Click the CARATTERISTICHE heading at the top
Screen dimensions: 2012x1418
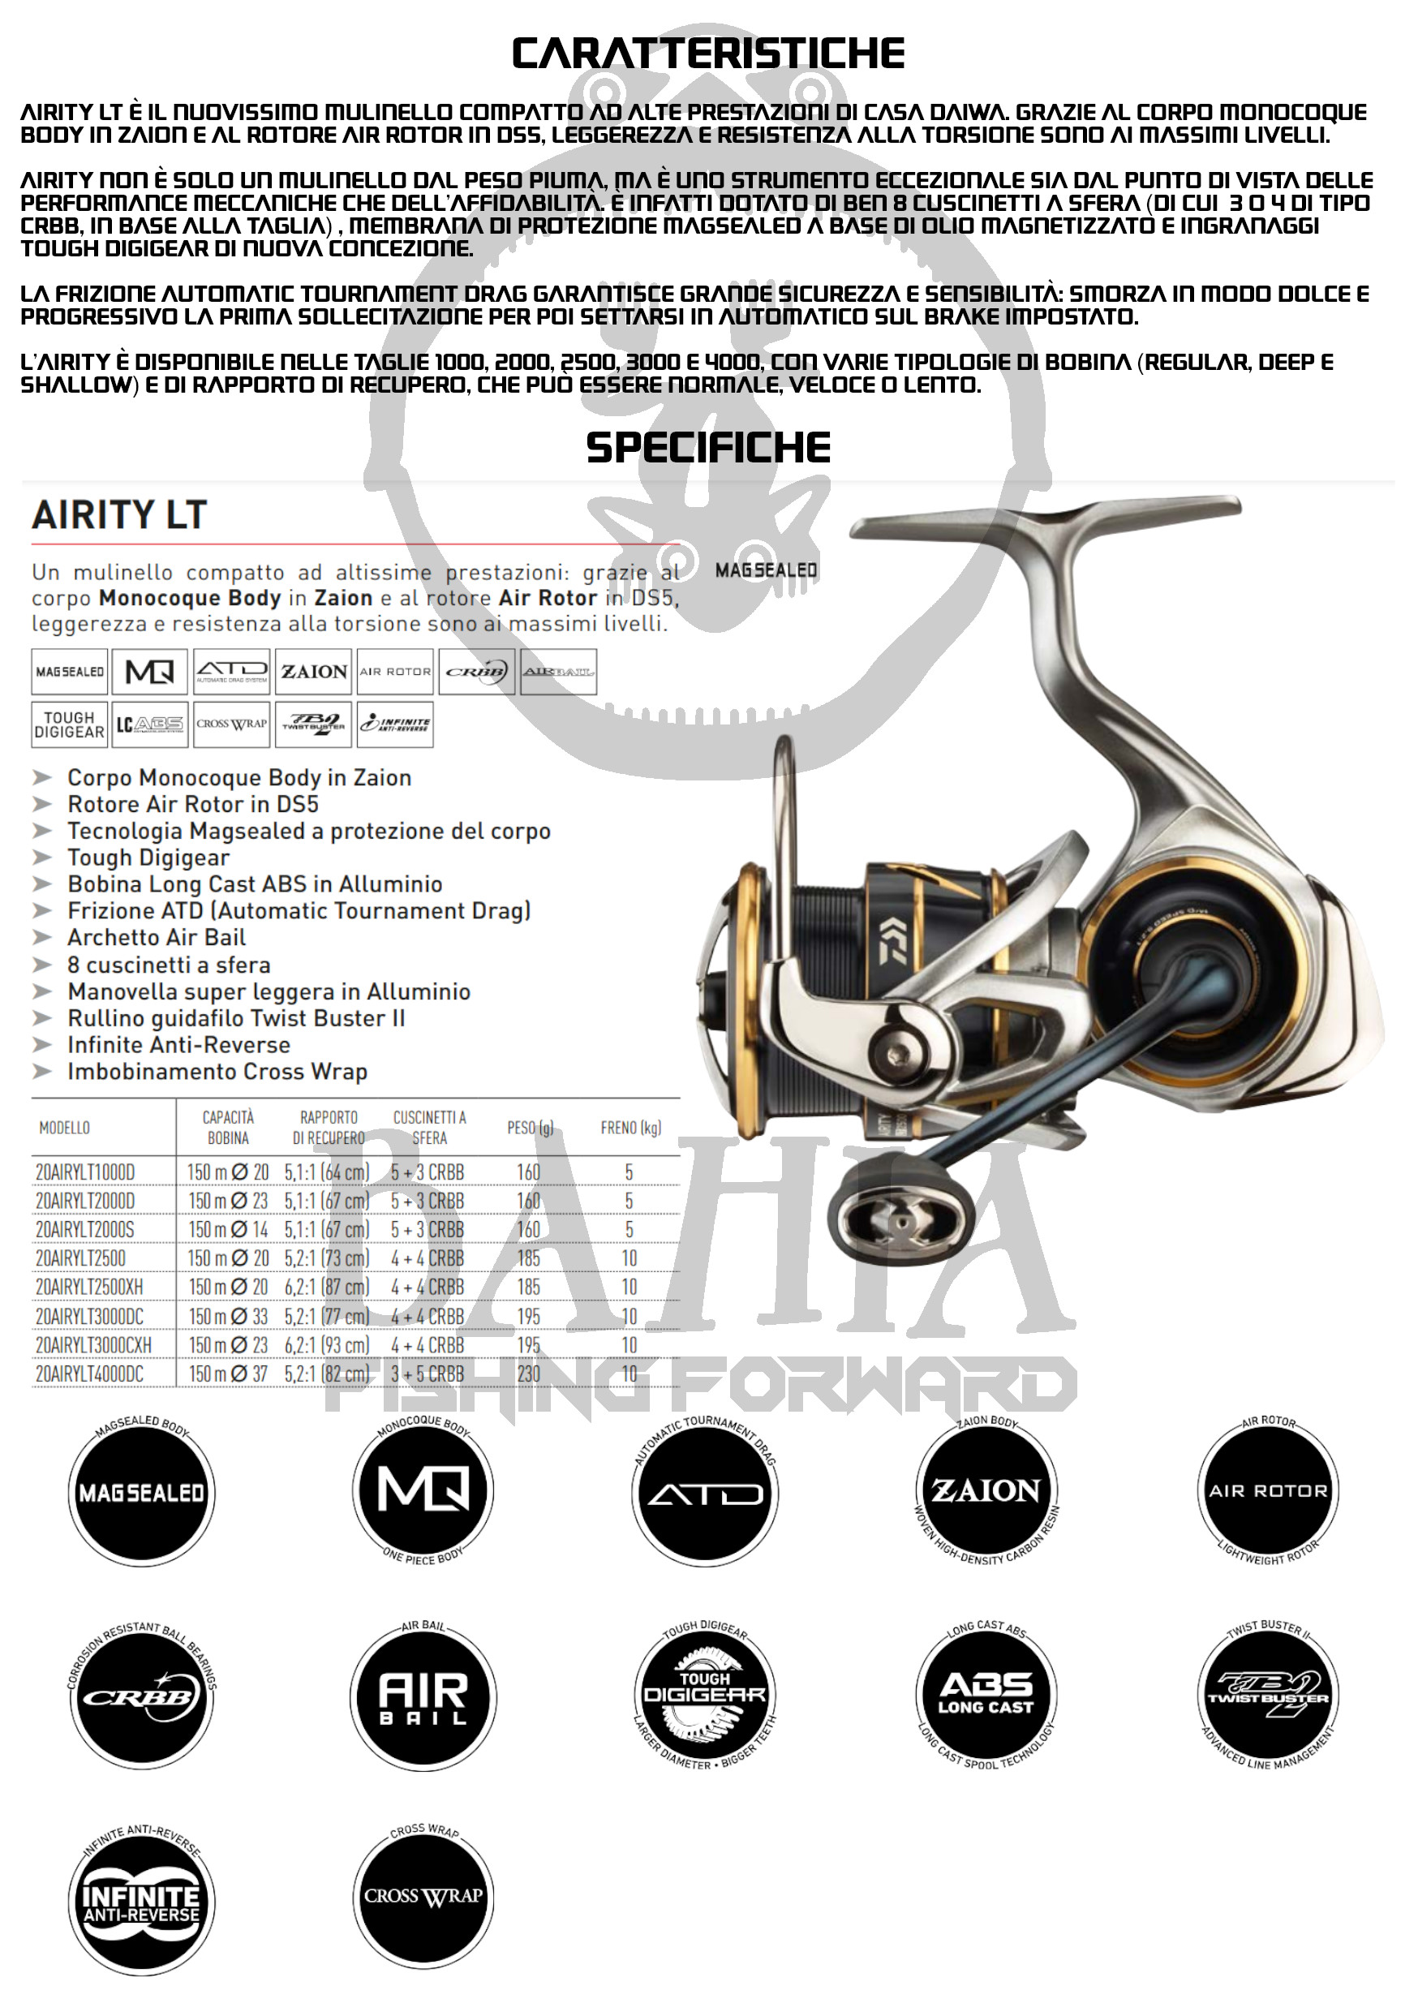click(x=708, y=54)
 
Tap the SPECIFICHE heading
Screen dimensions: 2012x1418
click(x=708, y=448)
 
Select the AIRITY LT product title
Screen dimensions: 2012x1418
click(x=119, y=514)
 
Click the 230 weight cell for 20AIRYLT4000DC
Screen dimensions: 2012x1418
click(x=528, y=1374)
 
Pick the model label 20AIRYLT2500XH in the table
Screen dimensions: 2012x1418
click(x=88, y=1287)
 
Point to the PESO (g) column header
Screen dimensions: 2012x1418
click(x=531, y=1128)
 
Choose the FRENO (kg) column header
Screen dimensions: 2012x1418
click(x=630, y=1128)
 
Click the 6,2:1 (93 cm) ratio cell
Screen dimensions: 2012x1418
click(x=327, y=1344)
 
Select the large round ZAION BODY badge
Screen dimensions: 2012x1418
click(x=986, y=1490)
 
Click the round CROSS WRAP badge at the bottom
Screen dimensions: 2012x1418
click(x=423, y=1895)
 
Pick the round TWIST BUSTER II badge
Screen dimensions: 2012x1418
click(x=1268, y=1697)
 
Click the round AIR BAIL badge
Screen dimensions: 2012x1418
click(x=423, y=1697)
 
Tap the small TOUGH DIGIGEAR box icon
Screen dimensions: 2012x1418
click(x=69, y=724)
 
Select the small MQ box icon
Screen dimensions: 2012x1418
click(x=150, y=672)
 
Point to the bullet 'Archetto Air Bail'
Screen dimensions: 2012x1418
click(x=156, y=938)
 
